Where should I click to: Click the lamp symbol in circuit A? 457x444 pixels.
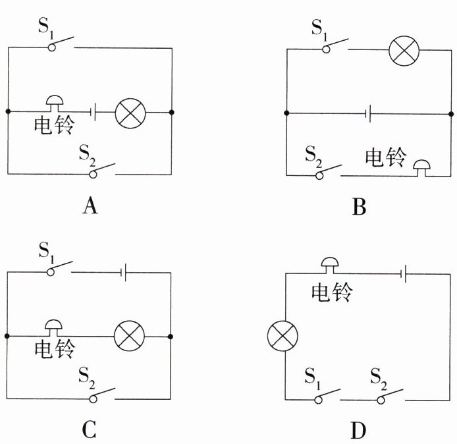(x=130, y=113)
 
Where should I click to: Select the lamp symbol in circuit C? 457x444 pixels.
(x=130, y=337)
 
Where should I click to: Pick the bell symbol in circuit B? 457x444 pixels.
(x=421, y=165)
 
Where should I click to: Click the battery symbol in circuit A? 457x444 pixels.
(x=96, y=113)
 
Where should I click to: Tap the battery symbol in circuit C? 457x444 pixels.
(x=124, y=271)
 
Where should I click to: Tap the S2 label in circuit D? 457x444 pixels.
(x=378, y=378)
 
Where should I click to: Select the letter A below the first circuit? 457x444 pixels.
(x=90, y=207)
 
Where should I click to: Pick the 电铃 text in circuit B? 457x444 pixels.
(x=385, y=158)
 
